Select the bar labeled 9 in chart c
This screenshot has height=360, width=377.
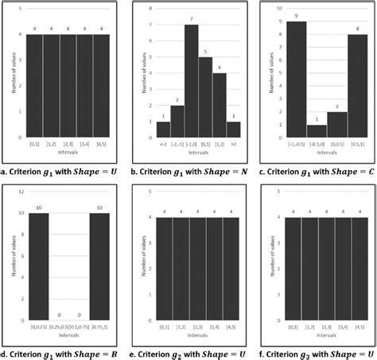click(x=296, y=79)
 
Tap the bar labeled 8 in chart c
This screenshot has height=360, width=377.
click(x=357, y=85)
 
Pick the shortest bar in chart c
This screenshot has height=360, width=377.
click(x=317, y=131)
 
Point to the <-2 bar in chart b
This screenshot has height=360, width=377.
click(x=163, y=130)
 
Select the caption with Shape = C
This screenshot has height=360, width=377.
click(x=317, y=168)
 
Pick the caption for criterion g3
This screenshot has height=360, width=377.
click(x=317, y=350)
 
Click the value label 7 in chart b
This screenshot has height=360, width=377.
click(x=191, y=20)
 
